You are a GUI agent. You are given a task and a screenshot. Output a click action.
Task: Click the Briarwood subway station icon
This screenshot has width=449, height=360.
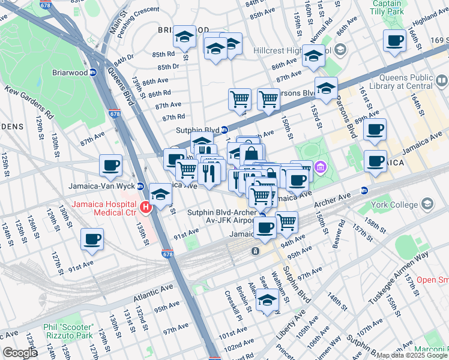pyautogui.click(x=93, y=72)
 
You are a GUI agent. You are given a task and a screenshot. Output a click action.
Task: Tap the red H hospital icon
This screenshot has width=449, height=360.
pyautogui.click(x=145, y=208)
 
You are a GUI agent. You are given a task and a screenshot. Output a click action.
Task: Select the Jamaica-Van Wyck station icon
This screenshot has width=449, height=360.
pyautogui.click(x=140, y=185)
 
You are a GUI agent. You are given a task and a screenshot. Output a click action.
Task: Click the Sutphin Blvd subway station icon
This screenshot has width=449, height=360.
pyautogui.click(x=224, y=130)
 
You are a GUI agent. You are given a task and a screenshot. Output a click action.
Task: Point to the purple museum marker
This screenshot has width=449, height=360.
pyautogui.click(x=320, y=166)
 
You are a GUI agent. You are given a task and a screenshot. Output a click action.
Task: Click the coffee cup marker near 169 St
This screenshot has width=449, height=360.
pyautogui.click(x=394, y=40)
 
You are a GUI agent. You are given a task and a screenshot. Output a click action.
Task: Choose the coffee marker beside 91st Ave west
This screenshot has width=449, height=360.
pyautogui.click(x=92, y=239)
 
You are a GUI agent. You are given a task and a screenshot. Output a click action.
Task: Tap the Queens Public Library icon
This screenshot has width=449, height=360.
pyautogui.click(x=441, y=80)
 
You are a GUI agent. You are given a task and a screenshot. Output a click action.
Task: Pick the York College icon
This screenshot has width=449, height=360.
pyautogui.click(x=427, y=204)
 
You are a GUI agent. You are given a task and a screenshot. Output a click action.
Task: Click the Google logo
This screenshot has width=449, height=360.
pyautogui.click(x=20, y=352)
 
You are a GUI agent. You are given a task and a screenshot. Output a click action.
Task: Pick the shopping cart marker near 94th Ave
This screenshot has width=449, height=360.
pyautogui.click(x=287, y=221)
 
